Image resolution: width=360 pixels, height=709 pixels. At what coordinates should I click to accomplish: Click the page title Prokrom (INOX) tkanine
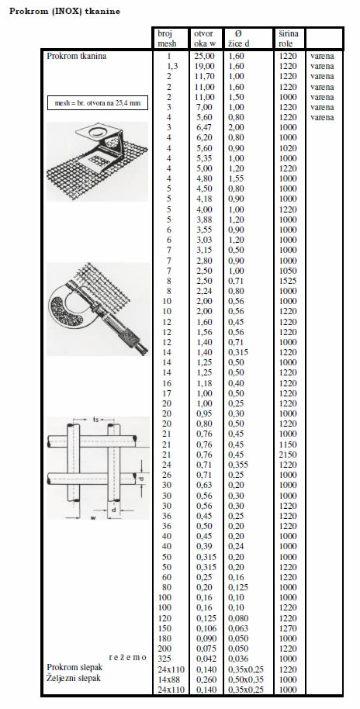click(x=64, y=12)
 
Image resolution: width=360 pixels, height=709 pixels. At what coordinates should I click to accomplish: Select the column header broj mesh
click(x=167, y=39)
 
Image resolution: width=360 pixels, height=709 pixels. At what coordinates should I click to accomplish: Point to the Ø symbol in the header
click(x=238, y=34)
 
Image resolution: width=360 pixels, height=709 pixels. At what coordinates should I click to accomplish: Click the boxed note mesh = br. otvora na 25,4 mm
click(x=98, y=103)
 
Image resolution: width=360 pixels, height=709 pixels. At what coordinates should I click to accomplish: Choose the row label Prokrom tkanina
click(x=77, y=57)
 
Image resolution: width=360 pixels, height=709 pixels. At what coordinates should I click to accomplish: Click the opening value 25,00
click(x=205, y=57)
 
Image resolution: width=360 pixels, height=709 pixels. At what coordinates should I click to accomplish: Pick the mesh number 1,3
click(x=172, y=67)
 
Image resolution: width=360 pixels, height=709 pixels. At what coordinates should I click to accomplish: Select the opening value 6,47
click(x=203, y=127)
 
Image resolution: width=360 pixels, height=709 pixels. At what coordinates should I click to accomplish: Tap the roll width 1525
click(x=289, y=281)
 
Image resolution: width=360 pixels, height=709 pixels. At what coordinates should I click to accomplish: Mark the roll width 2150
click(x=289, y=455)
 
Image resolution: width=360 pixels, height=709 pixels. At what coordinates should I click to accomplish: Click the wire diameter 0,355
click(x=238, y=465)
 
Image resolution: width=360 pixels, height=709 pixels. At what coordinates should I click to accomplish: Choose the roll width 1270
click(x=289, y=628)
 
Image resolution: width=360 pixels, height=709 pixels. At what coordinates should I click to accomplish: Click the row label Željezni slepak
click(x=74, y=678)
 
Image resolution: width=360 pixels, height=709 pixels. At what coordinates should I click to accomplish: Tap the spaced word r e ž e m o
click(x=127, y=658)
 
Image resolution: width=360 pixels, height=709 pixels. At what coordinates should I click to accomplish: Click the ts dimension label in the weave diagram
click(x=95, y=420)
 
